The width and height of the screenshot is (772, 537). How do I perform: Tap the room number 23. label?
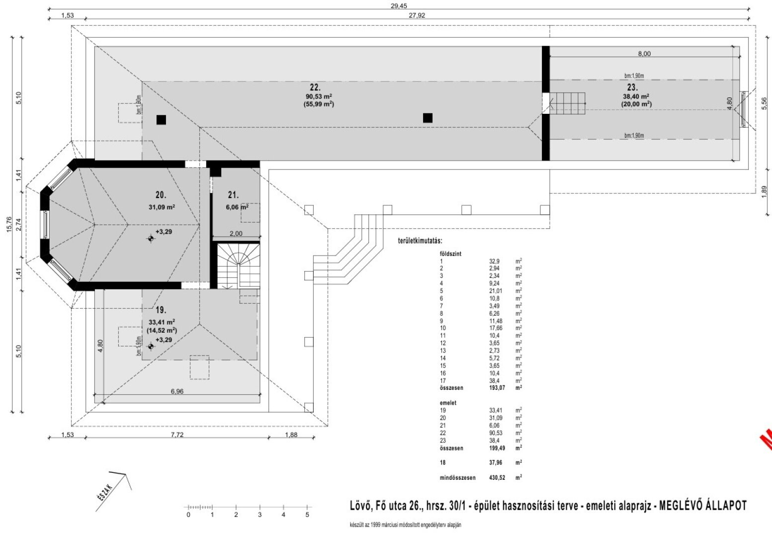[632, 87]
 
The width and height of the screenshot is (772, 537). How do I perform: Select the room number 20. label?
[161, 195]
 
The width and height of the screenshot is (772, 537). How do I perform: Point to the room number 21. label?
[234, 195]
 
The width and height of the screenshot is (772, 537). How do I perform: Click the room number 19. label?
[161, 309]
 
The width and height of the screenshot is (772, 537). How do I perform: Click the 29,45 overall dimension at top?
[399, 5]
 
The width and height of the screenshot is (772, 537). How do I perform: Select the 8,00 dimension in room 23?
[644, 54]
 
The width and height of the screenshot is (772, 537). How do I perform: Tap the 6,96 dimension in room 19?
[177, 391]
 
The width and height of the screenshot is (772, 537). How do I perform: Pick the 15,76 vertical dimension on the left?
[8, 224]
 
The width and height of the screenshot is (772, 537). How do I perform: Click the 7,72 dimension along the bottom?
[177, 435]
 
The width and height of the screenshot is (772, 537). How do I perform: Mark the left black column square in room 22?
[161, 120]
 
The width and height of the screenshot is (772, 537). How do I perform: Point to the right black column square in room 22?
[428, 118]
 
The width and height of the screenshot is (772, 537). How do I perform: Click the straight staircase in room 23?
[569, 103]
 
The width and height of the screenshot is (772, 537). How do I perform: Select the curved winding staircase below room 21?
[238, 267]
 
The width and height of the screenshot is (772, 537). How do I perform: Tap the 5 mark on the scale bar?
[307, 515]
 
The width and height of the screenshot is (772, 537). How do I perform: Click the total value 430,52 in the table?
[499, 478]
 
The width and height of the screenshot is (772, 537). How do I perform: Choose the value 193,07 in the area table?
[499, 388]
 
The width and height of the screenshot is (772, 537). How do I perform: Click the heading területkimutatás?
[420, 241]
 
